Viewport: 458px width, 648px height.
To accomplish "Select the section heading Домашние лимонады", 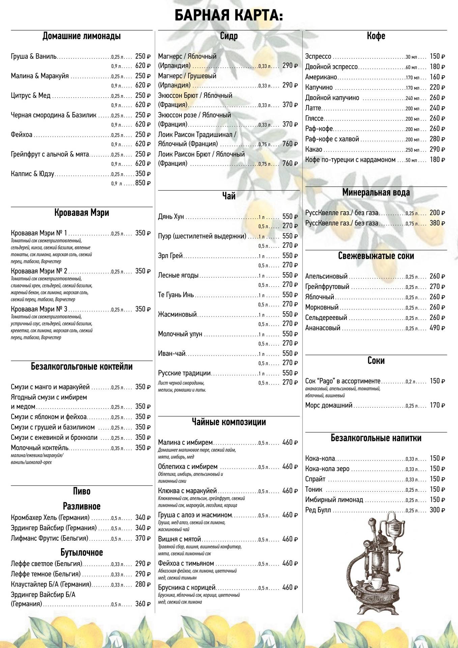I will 81,36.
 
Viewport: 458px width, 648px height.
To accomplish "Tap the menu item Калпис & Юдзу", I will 32,174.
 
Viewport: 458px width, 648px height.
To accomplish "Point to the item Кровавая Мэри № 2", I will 39,271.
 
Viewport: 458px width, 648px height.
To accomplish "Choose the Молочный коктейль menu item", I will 40,448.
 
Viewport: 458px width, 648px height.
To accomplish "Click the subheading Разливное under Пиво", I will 81,506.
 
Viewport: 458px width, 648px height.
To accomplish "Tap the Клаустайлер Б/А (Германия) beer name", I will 51,584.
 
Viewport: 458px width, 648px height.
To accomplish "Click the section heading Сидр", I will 229,36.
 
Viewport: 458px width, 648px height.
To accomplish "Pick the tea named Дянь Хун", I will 171,217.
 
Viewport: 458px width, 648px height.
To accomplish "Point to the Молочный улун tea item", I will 180,334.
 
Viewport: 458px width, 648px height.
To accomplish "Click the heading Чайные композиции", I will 229,422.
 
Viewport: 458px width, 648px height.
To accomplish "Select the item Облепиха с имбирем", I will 188,467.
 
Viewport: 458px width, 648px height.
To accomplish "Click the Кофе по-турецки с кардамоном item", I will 350,160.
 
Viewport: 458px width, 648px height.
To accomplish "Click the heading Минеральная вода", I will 376,193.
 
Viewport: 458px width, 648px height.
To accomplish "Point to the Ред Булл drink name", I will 318,510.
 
